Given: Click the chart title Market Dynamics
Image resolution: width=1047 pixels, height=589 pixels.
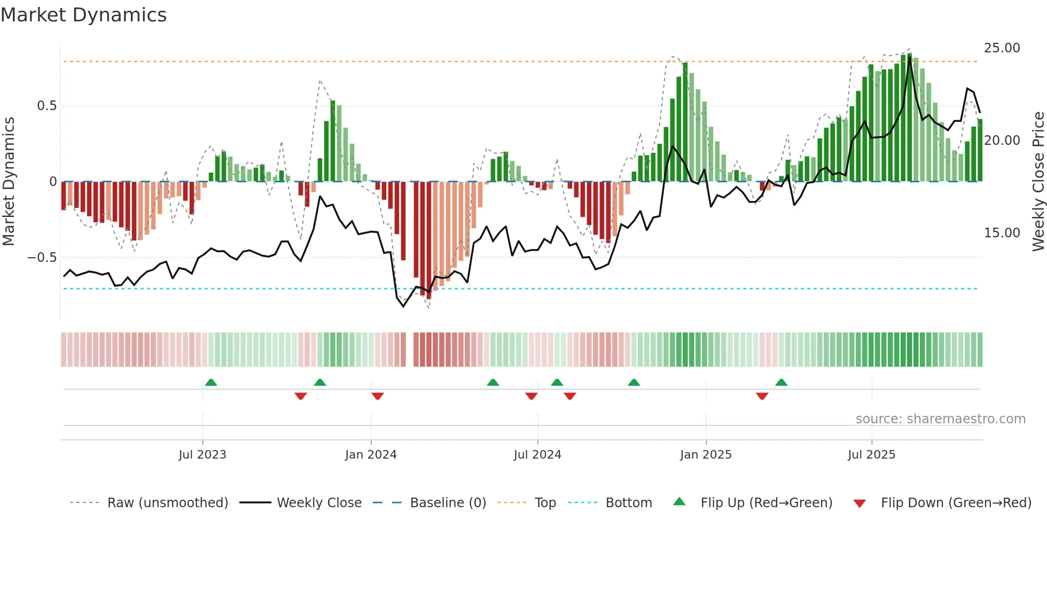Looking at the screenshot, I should (x=83, y=15).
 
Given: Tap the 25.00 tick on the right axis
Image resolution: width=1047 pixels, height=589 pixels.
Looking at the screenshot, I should (x=1002, y=48).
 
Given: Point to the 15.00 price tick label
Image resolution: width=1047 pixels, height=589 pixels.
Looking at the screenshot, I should (x=1002, y=233).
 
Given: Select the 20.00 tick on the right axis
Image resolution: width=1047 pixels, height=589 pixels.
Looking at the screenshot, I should (x=1002, y=141).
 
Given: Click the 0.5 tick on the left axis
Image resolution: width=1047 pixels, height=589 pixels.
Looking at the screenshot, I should (x=47, y=106).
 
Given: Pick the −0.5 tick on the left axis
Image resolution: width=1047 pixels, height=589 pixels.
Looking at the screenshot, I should (x=42, y=258).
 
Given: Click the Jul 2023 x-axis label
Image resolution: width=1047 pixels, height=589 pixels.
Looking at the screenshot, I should (x=202, y=455).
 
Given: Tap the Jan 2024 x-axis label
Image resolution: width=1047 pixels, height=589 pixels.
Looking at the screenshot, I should (x=371, y=455).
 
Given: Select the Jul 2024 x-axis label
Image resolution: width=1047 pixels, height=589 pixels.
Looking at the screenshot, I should (x=537, y=455).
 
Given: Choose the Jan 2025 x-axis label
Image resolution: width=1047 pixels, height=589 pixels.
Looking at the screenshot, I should (x=706, y=455).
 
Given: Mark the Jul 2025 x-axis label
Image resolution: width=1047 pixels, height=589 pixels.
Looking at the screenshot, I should (x=871, y=455).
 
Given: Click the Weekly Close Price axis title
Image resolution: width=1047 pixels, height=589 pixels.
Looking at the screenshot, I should (x=1038, y=182).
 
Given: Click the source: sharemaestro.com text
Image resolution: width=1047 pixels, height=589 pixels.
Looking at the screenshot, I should (x=940, y=419).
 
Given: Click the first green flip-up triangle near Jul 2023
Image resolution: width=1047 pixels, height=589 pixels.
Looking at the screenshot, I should (x=211, y=383).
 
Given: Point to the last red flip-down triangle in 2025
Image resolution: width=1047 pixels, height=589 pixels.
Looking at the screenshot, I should (x=762, y=396).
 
